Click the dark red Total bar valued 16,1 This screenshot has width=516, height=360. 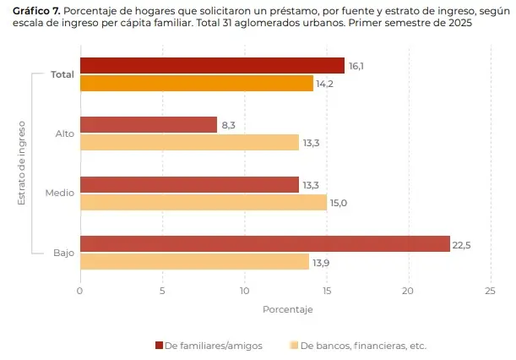pos(212,66)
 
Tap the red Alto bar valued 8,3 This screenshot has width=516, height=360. pos(148,125)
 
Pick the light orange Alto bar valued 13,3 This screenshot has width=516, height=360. pos(189,143)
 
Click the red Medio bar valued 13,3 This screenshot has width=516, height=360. pos(189,184)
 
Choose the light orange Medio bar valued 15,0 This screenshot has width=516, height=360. pos(203,202)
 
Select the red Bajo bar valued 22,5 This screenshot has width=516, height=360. pos(264,243)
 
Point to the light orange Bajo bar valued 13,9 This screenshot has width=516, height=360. pos(194,262)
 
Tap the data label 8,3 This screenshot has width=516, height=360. pos(229,125)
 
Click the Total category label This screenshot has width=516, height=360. pos(62,74)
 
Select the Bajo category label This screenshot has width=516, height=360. pos(63,253)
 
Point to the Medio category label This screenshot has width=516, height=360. pos(59,194)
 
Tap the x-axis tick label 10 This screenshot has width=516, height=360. pos(244,291)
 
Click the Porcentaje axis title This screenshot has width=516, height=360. pos(287,309)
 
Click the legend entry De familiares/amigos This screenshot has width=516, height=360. pos(212,346)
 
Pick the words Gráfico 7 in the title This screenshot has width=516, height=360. pos(35,9)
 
